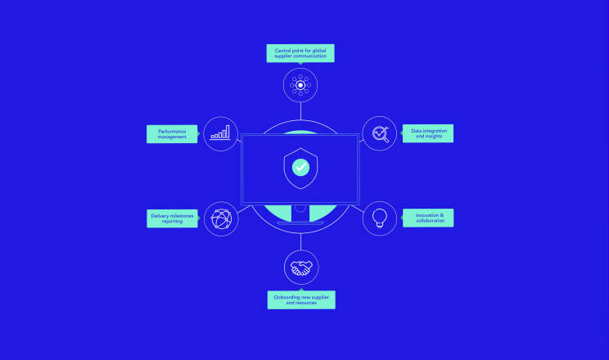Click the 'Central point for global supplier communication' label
(300, 53)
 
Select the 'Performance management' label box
(172, 134)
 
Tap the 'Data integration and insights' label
(428, 133)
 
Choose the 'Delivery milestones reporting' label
(172, 218)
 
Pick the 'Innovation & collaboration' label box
(428, 218)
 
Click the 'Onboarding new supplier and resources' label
(301, 299)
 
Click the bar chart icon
(220, 133)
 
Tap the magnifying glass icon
(381, 134)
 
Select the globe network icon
(221, 219)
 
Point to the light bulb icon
(380, 218)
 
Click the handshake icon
(301, 268)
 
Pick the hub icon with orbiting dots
(300, 85)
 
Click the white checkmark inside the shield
(300, 168)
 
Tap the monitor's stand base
(300, 223)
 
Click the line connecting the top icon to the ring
(300, 111)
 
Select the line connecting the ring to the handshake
(300, 242)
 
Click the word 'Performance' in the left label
(172, 131)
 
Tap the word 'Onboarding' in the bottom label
(286, 298)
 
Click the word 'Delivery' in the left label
(160, 216)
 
